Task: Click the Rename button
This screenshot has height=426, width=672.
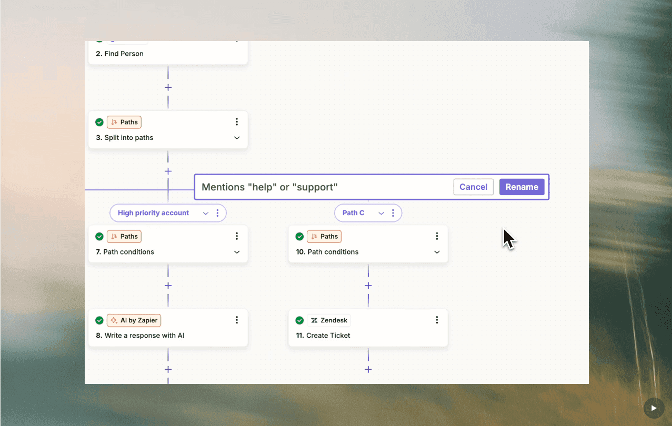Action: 521,187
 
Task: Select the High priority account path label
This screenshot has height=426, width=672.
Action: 153,213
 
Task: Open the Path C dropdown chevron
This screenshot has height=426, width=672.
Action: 381,213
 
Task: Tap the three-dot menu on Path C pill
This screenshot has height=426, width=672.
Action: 393,213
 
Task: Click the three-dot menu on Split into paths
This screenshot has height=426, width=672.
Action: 237,122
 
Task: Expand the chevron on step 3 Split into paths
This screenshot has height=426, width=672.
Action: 237,138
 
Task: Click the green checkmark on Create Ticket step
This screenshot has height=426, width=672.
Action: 299,320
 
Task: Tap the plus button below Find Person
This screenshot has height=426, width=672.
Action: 168,87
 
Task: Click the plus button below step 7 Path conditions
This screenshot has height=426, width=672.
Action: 168,286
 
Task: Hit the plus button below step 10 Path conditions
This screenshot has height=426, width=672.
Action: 368,286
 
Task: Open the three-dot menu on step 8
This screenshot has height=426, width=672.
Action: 237,320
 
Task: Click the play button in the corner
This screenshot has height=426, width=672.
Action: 654,408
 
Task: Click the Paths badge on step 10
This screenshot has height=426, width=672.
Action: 324,237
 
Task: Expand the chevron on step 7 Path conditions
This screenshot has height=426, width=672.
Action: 237,252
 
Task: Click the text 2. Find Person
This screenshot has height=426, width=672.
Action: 119,54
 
